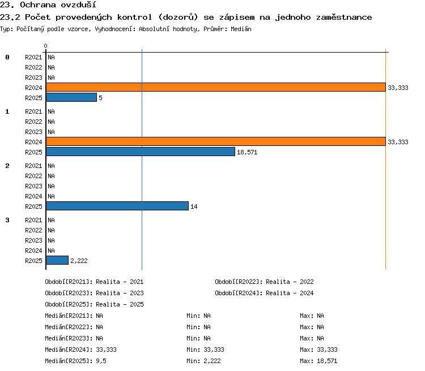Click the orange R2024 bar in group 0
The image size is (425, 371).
pyautogui.click(x=216, y=87)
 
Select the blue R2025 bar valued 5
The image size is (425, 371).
pyautogui.click(x=71, y=97)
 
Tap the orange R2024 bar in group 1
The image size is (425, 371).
pyautogui.click(x=216, y=141)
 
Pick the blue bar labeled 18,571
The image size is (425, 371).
pyautogui.click(x=141, y=152)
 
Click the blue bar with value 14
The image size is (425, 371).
pyautogui.click(x=117, y=206)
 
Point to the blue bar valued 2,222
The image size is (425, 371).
pyautogui.click(x=57, y=260)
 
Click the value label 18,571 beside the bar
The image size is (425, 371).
pyautogui.click(x=247, y=152)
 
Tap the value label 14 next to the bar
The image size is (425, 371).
pyautogui.click(x=194, y=207)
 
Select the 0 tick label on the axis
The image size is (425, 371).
pyautogui.click(x=45, y=46)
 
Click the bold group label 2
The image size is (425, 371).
pyautogui.click(x=7, y=166)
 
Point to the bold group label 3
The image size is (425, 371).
pyautogui.click(x=7, y=220)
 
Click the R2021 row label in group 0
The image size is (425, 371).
pyautogui.click(x=33, y=57)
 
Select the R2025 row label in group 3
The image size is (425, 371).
pyautogui.click(x=33, y=261)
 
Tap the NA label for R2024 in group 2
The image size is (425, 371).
pyautogui.click(x=51, y=196)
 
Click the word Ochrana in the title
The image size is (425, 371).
pyautogui.click(x=37, y=5)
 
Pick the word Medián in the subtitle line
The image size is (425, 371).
pyautogui.click(x=241, y=29)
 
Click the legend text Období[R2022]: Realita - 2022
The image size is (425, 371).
pyautogui.click(x=264, y=282)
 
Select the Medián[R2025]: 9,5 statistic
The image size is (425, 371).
pyautogui.click(x=75, y=361)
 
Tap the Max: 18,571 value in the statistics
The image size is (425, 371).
pyautogui.click(x=318, y=361)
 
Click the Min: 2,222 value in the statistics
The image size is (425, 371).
pyautogui.click(x=203, y=361)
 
